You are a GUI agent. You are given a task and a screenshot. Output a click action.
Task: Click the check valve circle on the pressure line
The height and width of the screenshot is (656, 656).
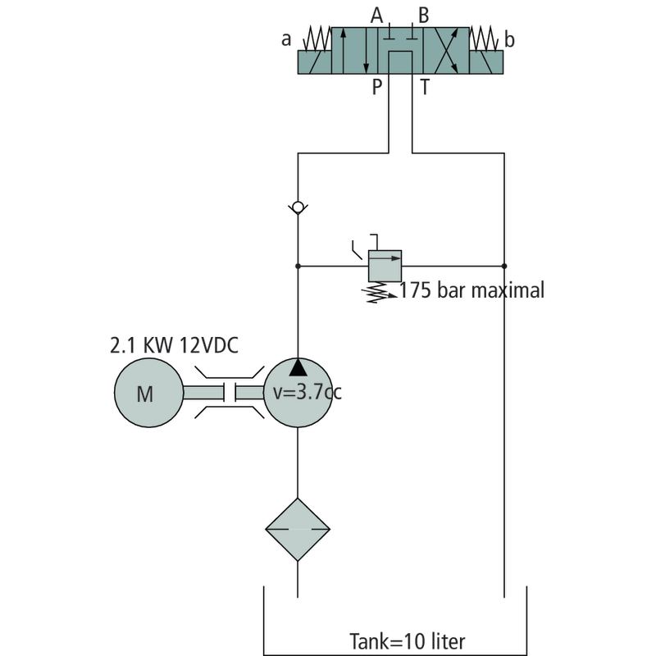tap(298, 207)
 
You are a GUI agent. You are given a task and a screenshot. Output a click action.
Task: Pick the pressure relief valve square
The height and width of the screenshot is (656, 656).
tap(385, 266)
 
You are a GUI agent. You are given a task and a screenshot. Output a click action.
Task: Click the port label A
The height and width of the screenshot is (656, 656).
tap(377, 16)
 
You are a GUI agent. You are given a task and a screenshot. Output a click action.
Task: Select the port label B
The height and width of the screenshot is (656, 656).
tap(424, 16)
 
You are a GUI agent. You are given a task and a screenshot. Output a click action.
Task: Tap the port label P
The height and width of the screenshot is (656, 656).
tap(377, 88)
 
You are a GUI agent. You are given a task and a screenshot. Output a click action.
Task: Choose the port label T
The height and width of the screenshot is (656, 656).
tap(425, 88)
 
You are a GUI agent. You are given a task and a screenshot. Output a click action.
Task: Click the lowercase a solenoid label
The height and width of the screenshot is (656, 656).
tap(286, 39)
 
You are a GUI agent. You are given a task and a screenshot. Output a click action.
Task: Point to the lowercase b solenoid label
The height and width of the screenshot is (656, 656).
tap(509, 39)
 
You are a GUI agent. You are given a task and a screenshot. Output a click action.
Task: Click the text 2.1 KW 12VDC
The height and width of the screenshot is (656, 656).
tap(174, 345)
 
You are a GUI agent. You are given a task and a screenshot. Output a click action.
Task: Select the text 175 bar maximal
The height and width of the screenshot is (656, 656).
tap(472, 290)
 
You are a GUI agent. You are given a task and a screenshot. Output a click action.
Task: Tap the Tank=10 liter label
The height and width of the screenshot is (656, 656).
tap(407, 641)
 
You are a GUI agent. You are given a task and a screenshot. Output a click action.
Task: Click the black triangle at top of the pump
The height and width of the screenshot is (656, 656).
tap(298, 367)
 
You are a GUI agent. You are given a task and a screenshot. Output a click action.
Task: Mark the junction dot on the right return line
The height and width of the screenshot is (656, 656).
tap(504, 266)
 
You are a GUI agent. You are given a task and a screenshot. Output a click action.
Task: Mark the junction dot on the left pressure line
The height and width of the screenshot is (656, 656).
tap(298, 266)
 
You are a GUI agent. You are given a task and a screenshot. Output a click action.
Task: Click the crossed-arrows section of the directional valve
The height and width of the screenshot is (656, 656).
tap(446, 51)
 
